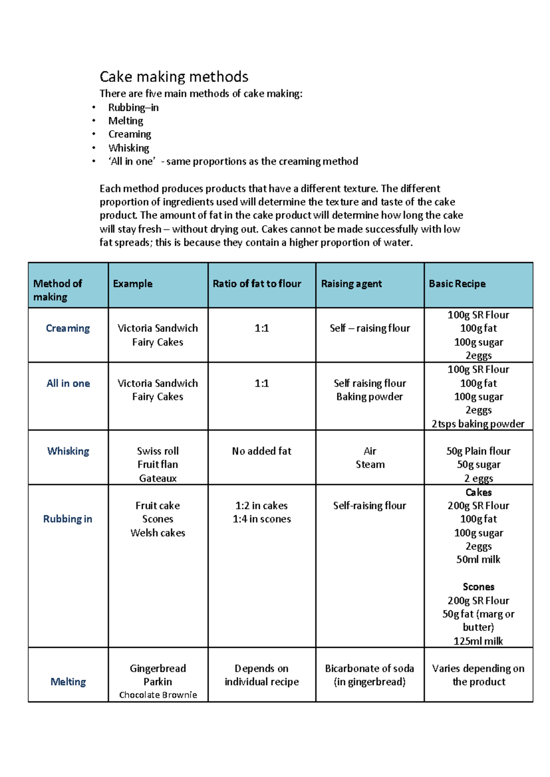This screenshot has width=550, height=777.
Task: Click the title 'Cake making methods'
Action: [x=174, y=77]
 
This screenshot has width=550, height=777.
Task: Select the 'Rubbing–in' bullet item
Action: [x=133, y=108]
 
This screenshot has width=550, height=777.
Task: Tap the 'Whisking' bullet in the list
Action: [x=129, y=148]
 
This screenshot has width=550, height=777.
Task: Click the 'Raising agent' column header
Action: [x=351, y=284]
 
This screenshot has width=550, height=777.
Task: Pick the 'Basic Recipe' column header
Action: [x=457, y=284]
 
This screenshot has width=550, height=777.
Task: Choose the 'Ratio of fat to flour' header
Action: [x=257, y=284]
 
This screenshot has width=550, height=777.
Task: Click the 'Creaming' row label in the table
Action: [x=68, y=328]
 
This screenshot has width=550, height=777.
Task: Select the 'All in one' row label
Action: [x=68, y=383]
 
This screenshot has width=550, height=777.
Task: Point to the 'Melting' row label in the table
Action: [x=68, y=682]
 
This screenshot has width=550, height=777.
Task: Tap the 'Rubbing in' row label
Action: [x=68, y=519]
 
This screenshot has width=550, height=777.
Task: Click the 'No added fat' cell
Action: [x=262, y=451]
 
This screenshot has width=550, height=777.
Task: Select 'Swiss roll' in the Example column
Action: [x=158, y=451]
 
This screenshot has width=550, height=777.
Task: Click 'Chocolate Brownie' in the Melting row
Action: [x=158, y=695]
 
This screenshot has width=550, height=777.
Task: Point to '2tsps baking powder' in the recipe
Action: [x=478, y=424]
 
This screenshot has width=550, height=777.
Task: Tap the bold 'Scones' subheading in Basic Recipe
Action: [x=478, y=587]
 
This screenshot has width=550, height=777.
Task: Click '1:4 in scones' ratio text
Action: [x=262, y=519]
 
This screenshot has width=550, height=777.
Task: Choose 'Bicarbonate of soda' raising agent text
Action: [x=369, y=668]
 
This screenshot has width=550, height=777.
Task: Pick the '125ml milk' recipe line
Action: [x=478, y=641]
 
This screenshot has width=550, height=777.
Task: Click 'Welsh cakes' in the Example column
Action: [x=158, y=533]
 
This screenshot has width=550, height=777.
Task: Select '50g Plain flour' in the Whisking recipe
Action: [x=478, y=451]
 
